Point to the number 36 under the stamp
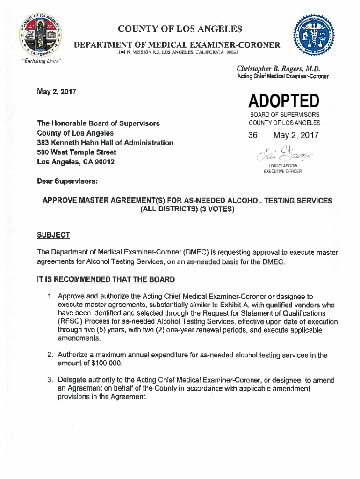[253, 136]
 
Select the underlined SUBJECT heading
[53, 235]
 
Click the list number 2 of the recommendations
[49, 355]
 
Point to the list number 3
[49, 380]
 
